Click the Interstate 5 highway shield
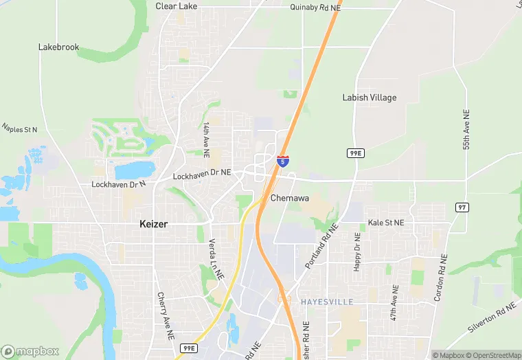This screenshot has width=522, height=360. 283,161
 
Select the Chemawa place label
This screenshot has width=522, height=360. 288,198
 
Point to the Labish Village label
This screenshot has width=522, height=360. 370,98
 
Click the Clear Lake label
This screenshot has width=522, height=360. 177,6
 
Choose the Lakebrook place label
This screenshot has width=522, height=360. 58,47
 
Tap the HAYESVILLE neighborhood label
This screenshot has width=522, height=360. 326,302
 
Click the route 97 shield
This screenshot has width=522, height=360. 462,207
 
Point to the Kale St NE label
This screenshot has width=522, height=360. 386,223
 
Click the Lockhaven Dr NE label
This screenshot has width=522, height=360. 201,177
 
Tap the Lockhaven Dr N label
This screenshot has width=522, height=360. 119,184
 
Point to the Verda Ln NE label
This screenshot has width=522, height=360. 216,258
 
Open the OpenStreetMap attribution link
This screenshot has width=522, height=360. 492,355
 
